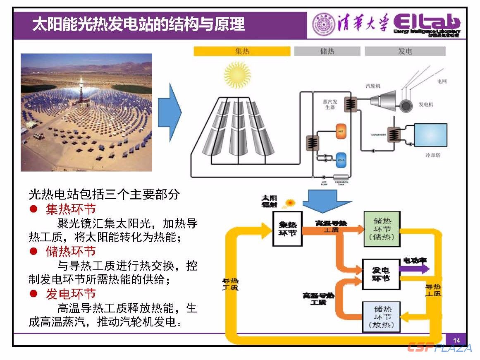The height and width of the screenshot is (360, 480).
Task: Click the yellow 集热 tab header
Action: coord(242,51)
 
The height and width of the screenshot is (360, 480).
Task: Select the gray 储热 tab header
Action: coord(327,51)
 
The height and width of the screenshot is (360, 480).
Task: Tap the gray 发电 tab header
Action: coord(405,51)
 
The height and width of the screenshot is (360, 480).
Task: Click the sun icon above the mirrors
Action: coord(237,75)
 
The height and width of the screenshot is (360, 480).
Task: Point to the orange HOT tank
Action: coord(341,131)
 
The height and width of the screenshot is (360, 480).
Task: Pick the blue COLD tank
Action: coord(341,160)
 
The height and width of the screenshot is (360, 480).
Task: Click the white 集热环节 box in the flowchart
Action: coord(287,228)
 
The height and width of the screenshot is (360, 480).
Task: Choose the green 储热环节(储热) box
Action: coord(382,229)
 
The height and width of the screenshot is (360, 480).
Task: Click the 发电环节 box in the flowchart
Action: coord(381,274)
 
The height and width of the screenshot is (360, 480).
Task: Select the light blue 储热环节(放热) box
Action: coord(381,317)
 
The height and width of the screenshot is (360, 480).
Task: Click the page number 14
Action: coord(456,340)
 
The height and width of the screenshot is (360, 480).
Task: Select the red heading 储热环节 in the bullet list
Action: coord(71,251)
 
